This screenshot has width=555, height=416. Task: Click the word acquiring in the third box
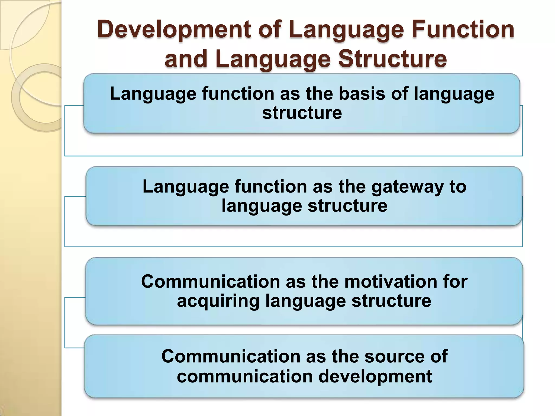[x=218, y=301]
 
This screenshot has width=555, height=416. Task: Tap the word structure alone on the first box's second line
[x=302, y=113]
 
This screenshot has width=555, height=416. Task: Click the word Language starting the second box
[x=186, y=187]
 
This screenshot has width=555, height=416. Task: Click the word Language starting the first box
[x=153, y=94]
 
